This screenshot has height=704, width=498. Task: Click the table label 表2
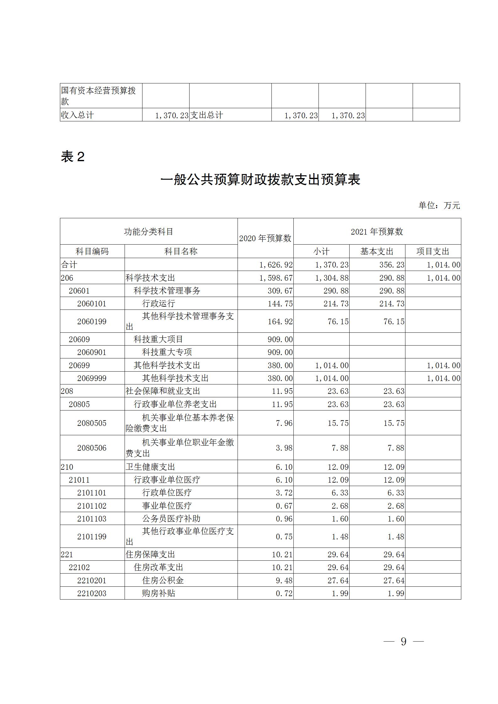(73, 157)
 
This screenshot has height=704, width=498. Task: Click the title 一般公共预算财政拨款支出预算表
(260, 180)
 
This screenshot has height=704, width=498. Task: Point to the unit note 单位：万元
(439, 205)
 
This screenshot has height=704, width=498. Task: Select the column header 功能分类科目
(148, 232)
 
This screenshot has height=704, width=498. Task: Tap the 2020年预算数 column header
(265, 238)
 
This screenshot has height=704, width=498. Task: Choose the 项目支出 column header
(433, 251)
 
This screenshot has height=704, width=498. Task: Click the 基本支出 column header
(377, 251)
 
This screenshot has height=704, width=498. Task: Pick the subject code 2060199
(92, 321)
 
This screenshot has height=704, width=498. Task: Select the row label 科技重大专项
(167, 352)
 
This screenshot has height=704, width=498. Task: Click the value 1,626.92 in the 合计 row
(276, 265)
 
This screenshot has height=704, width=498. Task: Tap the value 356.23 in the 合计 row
(392, 265)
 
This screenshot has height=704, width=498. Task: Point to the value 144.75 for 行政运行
(280, 304)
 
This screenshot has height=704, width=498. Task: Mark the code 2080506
(92, 448)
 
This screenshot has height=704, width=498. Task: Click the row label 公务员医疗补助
(171, 519)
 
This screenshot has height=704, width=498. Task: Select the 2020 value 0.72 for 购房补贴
(284, 593)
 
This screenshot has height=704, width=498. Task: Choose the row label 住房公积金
(163, 580)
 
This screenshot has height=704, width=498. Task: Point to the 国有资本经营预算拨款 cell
(99, 96)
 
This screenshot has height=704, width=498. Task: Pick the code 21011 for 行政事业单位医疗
(79, 480)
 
